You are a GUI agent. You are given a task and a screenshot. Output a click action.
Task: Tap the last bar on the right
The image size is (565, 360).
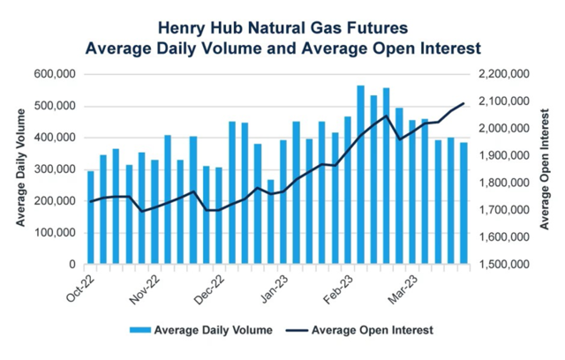click(x=463, y=203)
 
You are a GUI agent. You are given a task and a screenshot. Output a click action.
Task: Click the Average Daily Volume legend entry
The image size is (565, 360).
click(x=212, y=330)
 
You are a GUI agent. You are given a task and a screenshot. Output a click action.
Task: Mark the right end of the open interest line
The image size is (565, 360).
click(x=463, y=104)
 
